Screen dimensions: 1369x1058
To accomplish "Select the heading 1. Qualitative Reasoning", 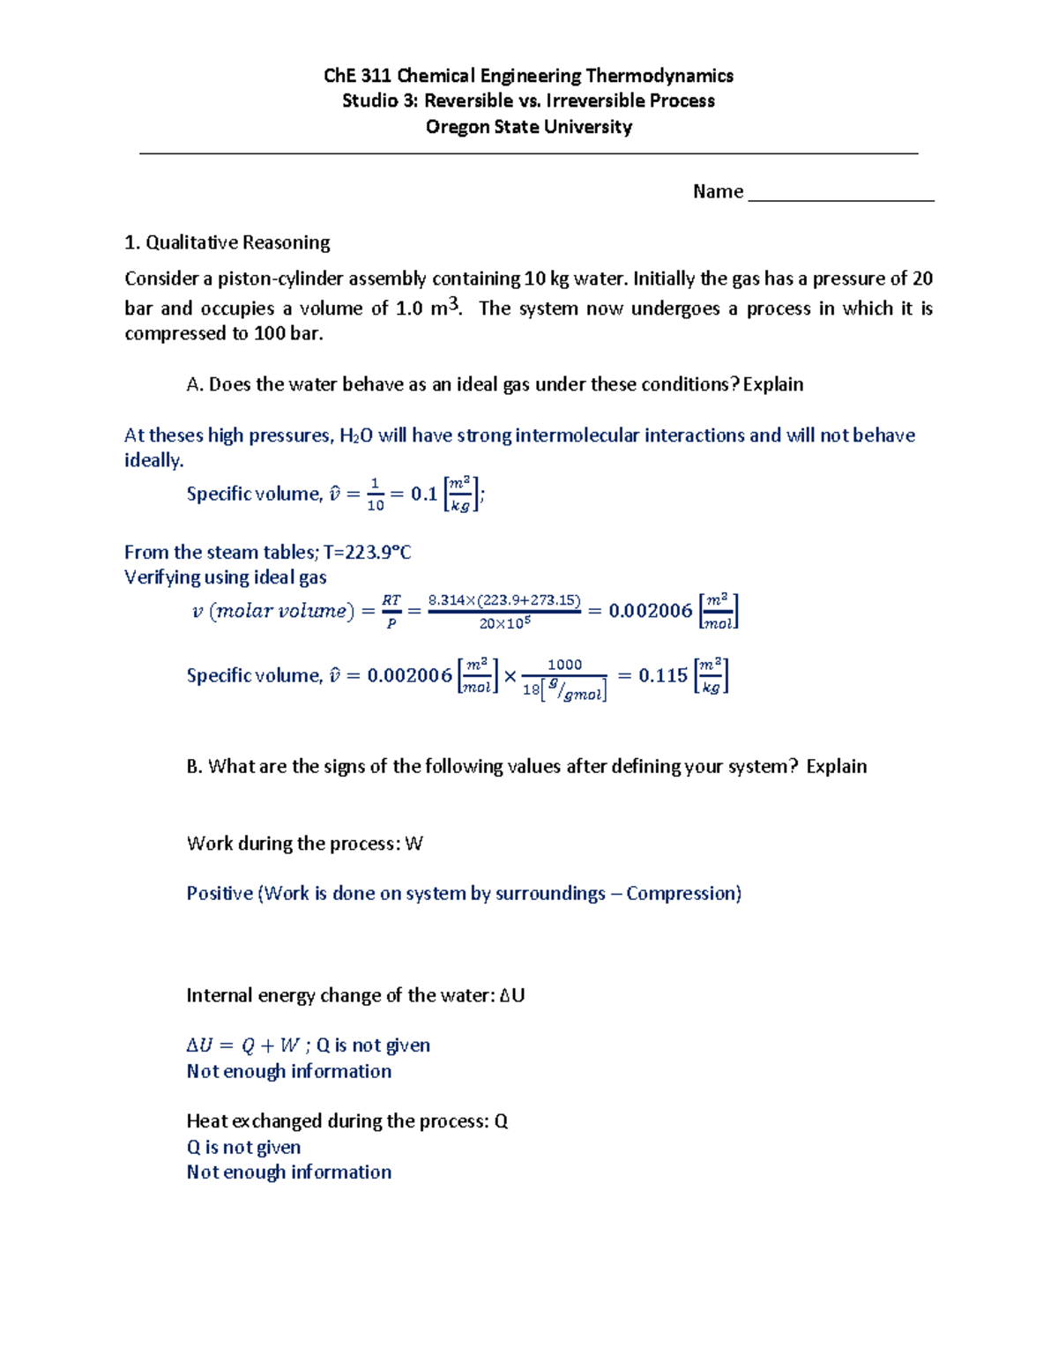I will [x=227, y=242].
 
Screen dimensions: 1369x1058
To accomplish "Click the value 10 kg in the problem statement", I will [x=547, y=279].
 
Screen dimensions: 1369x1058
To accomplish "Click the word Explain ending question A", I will [x=773, y=384].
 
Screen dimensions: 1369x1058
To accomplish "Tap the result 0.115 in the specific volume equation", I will [x=662, y=676].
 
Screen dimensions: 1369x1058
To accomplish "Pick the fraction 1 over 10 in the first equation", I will [x=376, y=495].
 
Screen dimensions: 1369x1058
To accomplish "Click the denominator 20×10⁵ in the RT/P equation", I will [x=504, y=623].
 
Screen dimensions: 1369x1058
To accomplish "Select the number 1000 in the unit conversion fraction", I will [x=564, y=665].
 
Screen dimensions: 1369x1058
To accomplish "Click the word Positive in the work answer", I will [x=220, y=894].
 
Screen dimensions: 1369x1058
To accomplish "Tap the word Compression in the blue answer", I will [x=682, y=894].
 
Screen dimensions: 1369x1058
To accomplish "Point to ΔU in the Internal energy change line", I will [x=511, y=996].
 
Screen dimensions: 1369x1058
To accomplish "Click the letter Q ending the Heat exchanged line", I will [x=501, y=1121].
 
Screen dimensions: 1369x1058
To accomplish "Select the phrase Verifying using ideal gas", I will [x=226, y=577].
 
